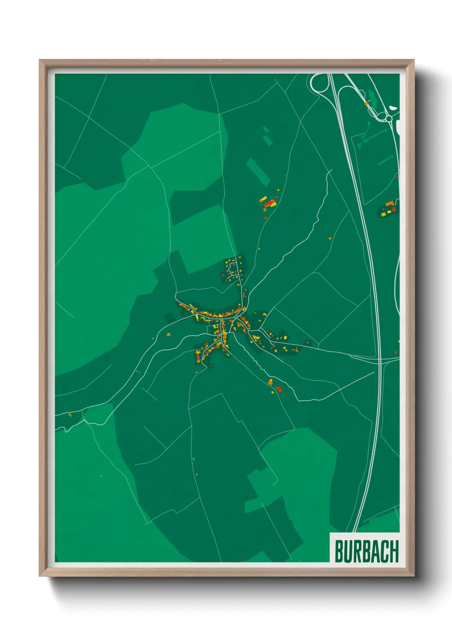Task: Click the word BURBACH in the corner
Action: pos(366,551)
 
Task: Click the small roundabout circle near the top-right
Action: pos(389,118)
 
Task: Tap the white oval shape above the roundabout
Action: pos(392,108)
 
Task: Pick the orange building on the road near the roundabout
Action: pos(366,103)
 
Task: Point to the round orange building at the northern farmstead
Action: pos(265,209)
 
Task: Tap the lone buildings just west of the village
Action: pos(168,334)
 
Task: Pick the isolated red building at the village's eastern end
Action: pos(307,342)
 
